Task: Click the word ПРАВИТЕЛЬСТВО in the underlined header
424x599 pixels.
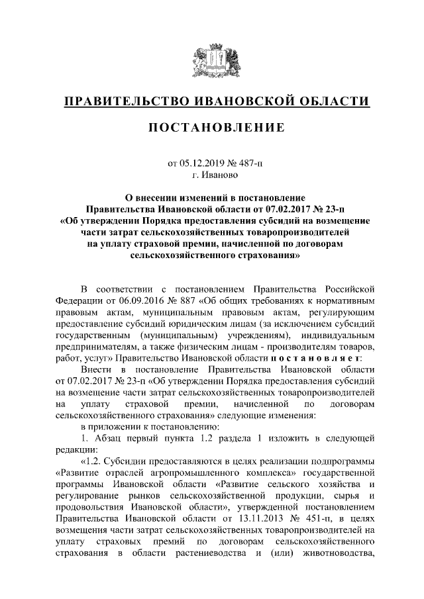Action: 125,101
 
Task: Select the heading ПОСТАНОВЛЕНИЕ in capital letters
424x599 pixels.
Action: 212,127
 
